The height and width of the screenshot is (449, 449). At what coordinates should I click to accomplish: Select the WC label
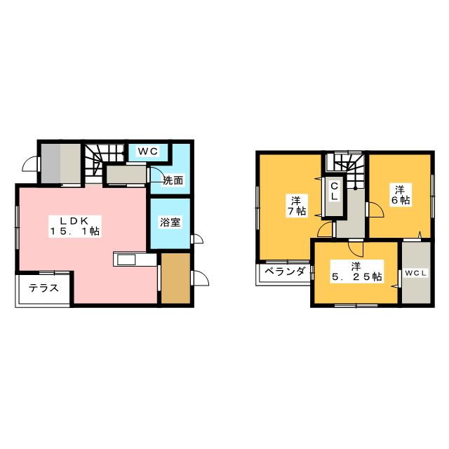click(147, 152)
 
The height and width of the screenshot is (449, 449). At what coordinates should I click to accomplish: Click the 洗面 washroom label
click(173, 180)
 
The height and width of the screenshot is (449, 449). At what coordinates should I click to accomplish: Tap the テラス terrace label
click(43, 288)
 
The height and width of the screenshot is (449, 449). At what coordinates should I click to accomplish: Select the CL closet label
click(335, 191)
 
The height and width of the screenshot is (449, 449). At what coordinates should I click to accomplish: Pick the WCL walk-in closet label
click(415, 272)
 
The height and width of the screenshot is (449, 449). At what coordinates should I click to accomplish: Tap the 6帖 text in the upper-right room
click(401, 201)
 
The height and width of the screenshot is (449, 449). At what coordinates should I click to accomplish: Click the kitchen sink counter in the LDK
click(133, 260)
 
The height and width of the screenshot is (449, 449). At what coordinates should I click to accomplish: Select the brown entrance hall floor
click(175, 279)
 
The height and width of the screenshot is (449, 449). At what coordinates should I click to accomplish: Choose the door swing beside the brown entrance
click(199, 278)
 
